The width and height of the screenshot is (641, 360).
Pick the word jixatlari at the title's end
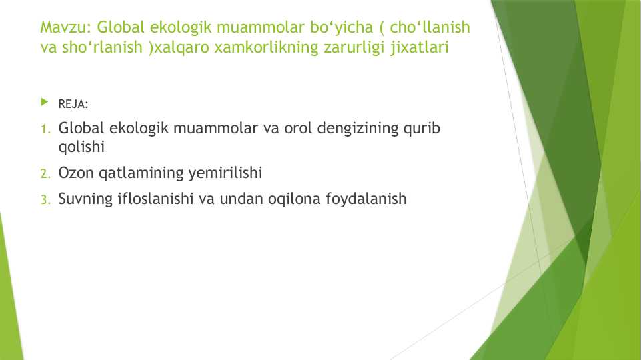click(x=414, y=48)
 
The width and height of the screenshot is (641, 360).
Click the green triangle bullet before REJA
click(x=45, y=103)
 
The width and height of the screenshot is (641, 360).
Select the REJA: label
click(x=73, y=104)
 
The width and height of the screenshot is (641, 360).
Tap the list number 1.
click(x=45, y=129)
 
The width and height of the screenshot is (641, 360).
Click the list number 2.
click(x=45, y=174)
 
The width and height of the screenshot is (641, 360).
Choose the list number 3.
click(x=45, y=200)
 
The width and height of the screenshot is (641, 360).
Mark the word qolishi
click(x=81, y=147)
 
